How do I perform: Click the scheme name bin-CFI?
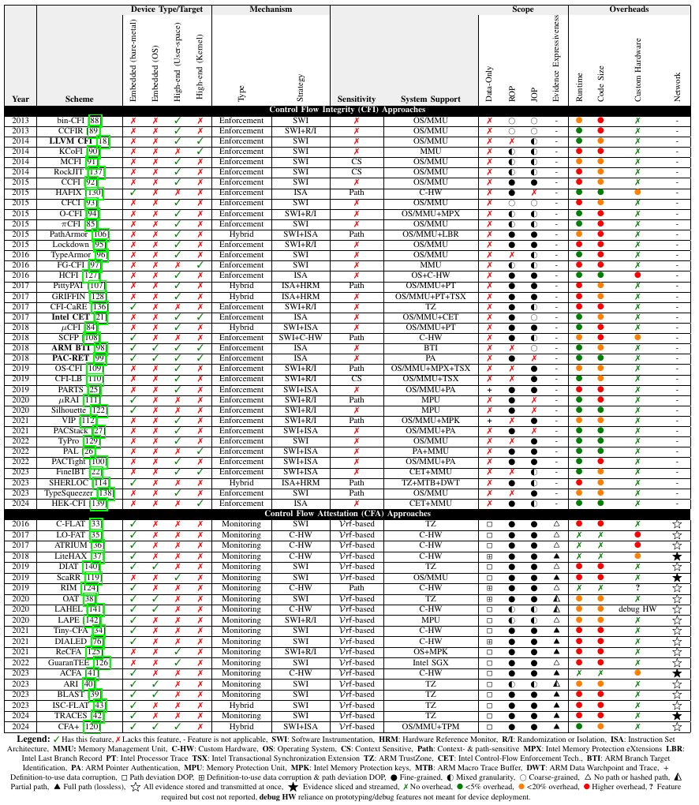pyautogui.click(x=72, y=120)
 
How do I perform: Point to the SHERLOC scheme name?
pyautogui.click(x=68, y=482)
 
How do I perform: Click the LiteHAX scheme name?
pyautogui.click(x=71, y=556)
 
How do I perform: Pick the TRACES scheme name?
pyautogui.click(x=71, y=715)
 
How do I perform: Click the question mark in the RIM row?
pyautogui.click(x=637, y=588)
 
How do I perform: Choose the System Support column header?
pyautogui.click(x=430, y=99)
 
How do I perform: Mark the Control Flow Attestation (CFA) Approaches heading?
pyautogui.click(x=348, y=513)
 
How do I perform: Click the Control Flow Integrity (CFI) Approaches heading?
pyautogui.click(x=348, y=110)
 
